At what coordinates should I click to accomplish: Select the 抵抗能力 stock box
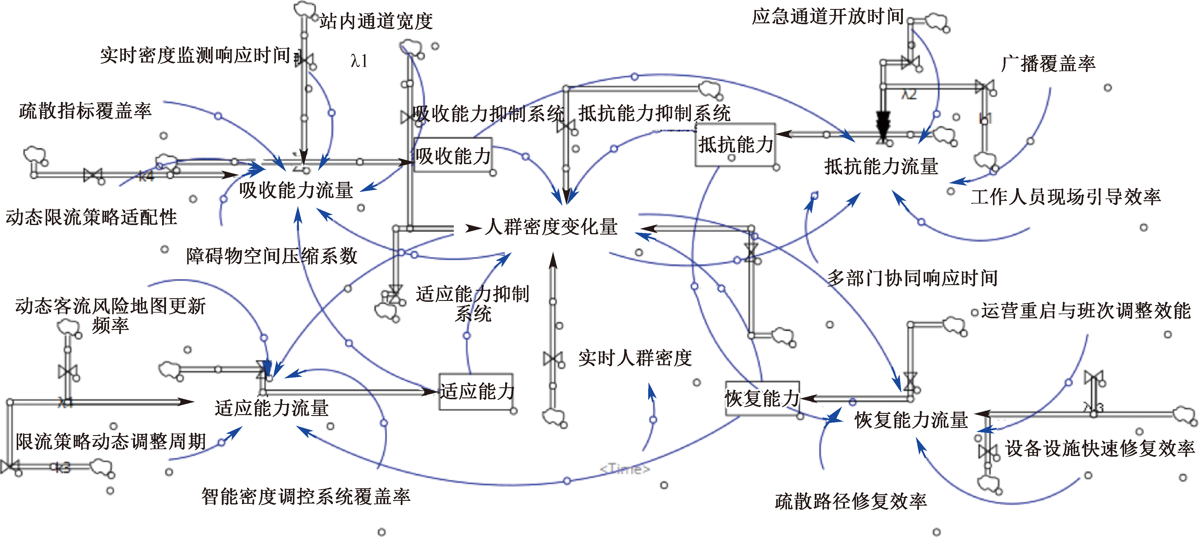click(735, 144)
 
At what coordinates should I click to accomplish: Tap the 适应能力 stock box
click(476, 391)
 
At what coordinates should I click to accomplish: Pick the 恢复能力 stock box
click(762, 398)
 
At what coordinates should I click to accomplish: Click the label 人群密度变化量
click(551, 227)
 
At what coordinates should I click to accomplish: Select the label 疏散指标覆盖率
click(85, 111)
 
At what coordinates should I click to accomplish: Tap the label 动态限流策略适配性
click(91, 217)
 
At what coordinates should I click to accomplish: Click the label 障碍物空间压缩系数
click(271, 256)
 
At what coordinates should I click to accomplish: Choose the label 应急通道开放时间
click(828, 17)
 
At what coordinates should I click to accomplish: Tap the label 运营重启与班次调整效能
click(1086, 311)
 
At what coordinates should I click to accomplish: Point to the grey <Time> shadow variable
click(624, 469)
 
